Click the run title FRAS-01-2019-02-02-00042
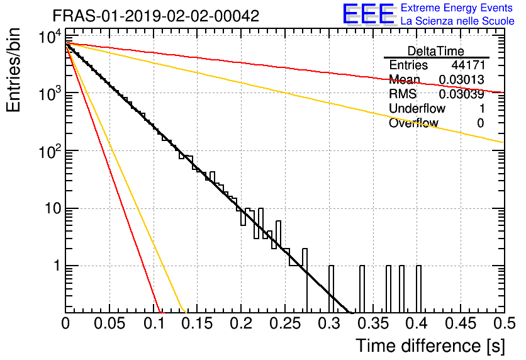156,16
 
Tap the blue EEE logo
369,14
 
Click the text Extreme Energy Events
457,8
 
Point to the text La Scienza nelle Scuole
457,21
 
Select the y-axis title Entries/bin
13,70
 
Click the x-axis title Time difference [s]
430,346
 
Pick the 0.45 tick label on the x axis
461,323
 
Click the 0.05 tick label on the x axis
109,323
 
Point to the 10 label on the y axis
53,208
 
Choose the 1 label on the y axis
57,266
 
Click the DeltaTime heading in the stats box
436,51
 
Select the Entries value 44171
468,65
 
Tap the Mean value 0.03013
462,79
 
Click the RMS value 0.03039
462,94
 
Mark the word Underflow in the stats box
417,108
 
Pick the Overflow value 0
481,123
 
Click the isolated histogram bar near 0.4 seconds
418,289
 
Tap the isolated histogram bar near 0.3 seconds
331,289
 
